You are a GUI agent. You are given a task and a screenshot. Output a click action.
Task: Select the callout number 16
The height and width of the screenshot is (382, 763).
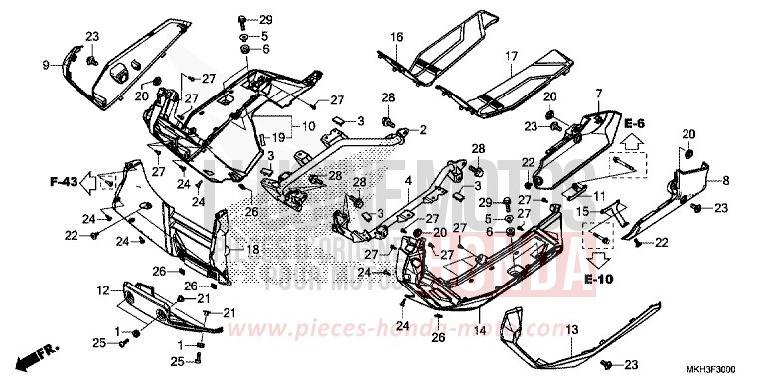pos(396,37)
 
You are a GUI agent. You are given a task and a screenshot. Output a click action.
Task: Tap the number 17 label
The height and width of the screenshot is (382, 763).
pos(512,56)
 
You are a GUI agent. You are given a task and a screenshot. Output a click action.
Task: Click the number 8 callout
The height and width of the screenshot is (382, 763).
pos(725,180)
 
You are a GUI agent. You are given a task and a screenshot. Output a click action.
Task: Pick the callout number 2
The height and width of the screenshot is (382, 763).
pos(422,130)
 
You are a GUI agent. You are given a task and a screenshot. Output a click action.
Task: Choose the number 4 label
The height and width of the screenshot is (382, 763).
pos(408,180)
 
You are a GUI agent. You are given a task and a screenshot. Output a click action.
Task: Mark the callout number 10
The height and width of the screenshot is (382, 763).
pos(309,126)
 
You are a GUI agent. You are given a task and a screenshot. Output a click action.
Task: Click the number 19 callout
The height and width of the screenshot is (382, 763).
pos(281,136)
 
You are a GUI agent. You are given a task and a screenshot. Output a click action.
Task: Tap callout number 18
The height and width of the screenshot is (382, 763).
pos(254,250)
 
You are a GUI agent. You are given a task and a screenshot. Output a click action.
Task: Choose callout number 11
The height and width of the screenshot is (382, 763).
pos(598,195)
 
